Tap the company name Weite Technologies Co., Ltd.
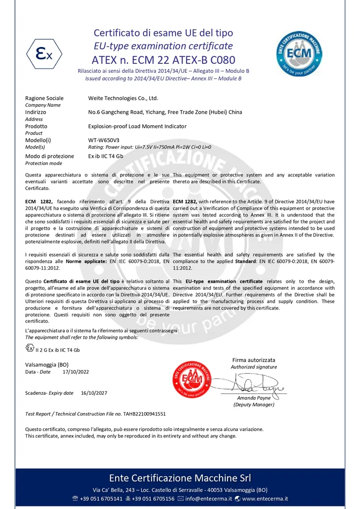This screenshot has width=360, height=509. pos(123,98)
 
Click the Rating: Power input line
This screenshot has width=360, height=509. pos(150,147)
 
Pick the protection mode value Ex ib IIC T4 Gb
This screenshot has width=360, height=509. pos(106,156)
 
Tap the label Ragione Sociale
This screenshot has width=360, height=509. pos(44,98)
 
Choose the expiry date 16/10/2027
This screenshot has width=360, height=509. pos(94,393)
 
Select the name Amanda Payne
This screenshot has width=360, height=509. pos(253,398)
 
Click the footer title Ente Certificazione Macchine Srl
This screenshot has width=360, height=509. pos(180,478)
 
